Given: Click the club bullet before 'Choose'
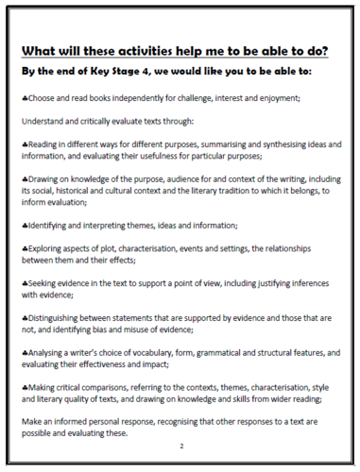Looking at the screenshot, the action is coord(25,97).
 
